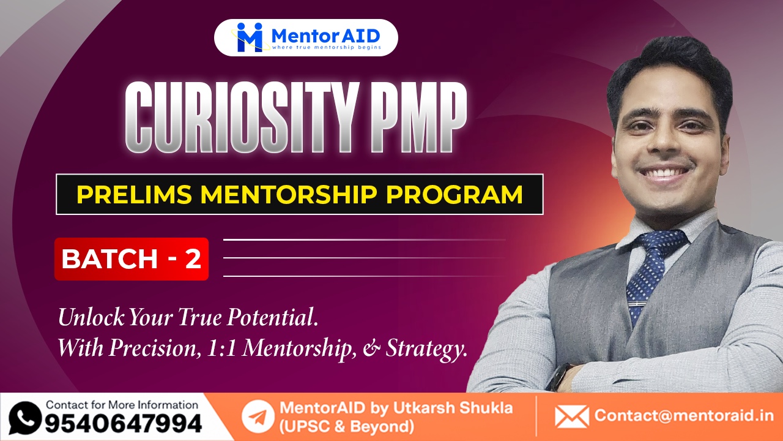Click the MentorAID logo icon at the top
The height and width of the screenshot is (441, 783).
[x=250, y=37]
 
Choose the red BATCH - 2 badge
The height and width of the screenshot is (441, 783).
[x=131, y=259]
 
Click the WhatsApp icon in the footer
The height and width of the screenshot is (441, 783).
[x=25, y=417]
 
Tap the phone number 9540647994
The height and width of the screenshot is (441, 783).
[x=122, y=423]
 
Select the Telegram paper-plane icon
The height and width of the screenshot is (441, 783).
[x=258, y=417]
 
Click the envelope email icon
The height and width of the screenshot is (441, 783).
[x=571, y=417]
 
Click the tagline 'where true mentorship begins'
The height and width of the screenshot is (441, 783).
[x=325, y=47]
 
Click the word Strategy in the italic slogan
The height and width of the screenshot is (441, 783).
[x=431, y=349]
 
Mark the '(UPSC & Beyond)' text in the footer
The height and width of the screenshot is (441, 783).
[x=346, y=426]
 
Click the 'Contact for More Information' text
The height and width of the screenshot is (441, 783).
[x=122, y=405]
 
